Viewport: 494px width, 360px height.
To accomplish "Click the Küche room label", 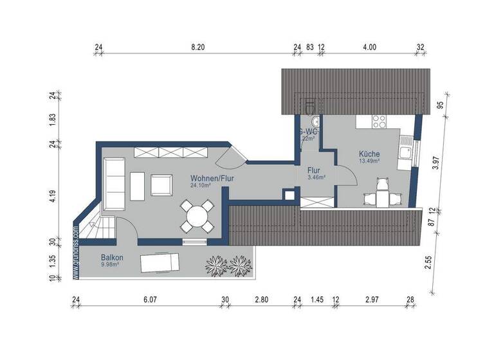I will coord(369,154).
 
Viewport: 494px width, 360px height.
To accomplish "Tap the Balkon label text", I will coord(112,258).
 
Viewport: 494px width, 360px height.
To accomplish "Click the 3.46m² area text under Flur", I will coord(316,177).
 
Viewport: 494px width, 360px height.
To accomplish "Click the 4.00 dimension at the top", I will coord(369,47).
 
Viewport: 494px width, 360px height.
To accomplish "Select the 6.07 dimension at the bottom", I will coord(150,300).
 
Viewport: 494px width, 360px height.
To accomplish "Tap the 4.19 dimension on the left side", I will coord(53,196).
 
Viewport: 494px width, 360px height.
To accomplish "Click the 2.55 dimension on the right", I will coord(430,263).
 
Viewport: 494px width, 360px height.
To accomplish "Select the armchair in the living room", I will coord(161,185).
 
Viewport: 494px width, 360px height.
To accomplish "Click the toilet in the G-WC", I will coord(309,105).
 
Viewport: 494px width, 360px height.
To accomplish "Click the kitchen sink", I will coord(407,152).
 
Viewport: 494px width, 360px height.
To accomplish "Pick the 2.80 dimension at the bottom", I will coord(261,300).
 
